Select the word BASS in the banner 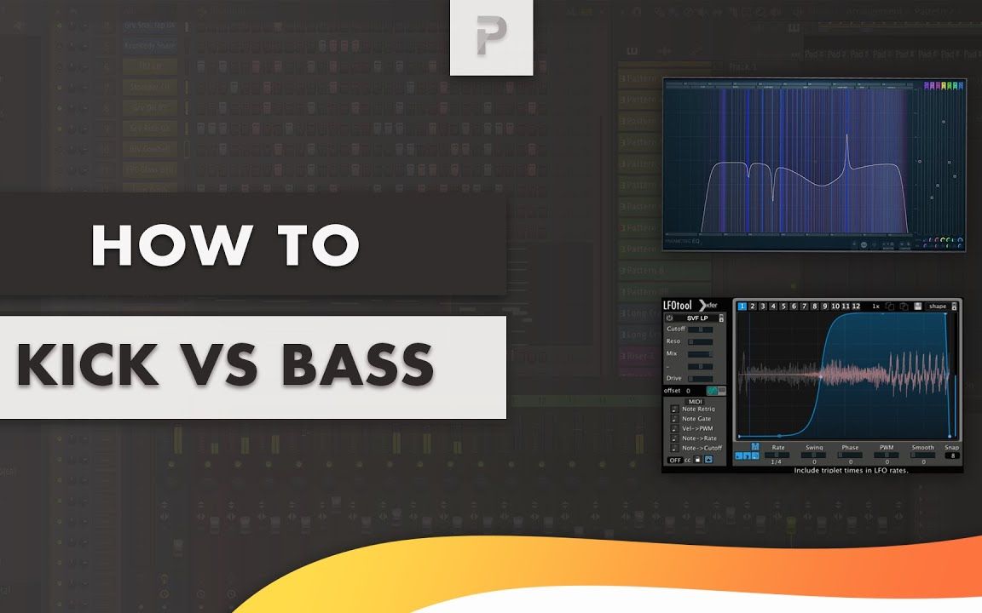tap(358, 366)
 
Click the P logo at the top tap(491, 37)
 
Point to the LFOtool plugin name tap(679, 306)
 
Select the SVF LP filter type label tap(698, 318)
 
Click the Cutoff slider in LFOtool tap(701, 329)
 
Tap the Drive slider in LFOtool tap(701, 378)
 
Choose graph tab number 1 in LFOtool tap(742, 306)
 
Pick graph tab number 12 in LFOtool tap(855, 306)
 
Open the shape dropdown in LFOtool tap(938, 306)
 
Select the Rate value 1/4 tap(777, 461)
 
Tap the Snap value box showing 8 tap(951, 455)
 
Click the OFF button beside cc tap(674, 461)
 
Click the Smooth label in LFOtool tap(922, 448)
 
